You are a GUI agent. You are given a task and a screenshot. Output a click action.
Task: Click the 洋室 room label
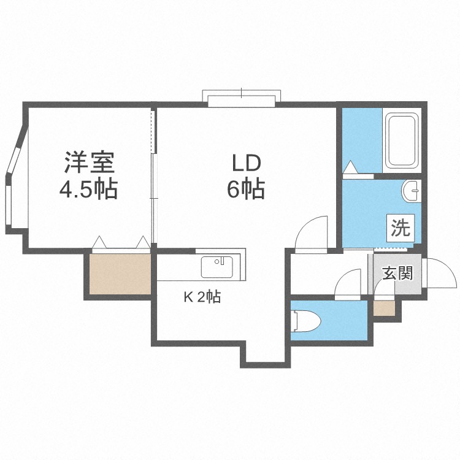click(x=89, y=163)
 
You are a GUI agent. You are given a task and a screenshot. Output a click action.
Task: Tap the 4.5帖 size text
click(x=88, y=189)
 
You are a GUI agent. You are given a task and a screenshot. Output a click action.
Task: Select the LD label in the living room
click(x=247, y=163)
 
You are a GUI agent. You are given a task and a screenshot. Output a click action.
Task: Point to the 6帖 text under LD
click(x=246, y=189)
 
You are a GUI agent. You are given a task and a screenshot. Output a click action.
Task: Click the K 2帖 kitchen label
click(x=202, y=297)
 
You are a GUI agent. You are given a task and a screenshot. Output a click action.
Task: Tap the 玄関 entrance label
click(x=397, y=273)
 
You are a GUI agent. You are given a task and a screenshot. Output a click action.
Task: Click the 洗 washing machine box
click(x=401, y=228)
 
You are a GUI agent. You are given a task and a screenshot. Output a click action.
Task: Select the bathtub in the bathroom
click(x=402, y=141)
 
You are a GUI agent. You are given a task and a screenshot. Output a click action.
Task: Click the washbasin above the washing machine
click(x=412, y=191)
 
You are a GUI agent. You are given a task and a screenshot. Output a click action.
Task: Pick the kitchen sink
click(x=217, y=267)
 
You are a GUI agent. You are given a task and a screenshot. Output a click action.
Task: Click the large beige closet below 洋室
click(x=120, y=274)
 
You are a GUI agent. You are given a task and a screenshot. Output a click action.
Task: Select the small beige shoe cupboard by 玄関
click(x=385, y=309)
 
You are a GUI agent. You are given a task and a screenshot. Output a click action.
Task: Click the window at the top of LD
click(x=242, y=99)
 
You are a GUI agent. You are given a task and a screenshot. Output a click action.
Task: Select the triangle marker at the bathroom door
click(x=350, y=167)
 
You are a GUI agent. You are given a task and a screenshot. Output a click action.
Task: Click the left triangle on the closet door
click(x=99, y=242)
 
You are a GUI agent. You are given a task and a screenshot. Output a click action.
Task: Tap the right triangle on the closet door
click(x=143, y=242)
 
